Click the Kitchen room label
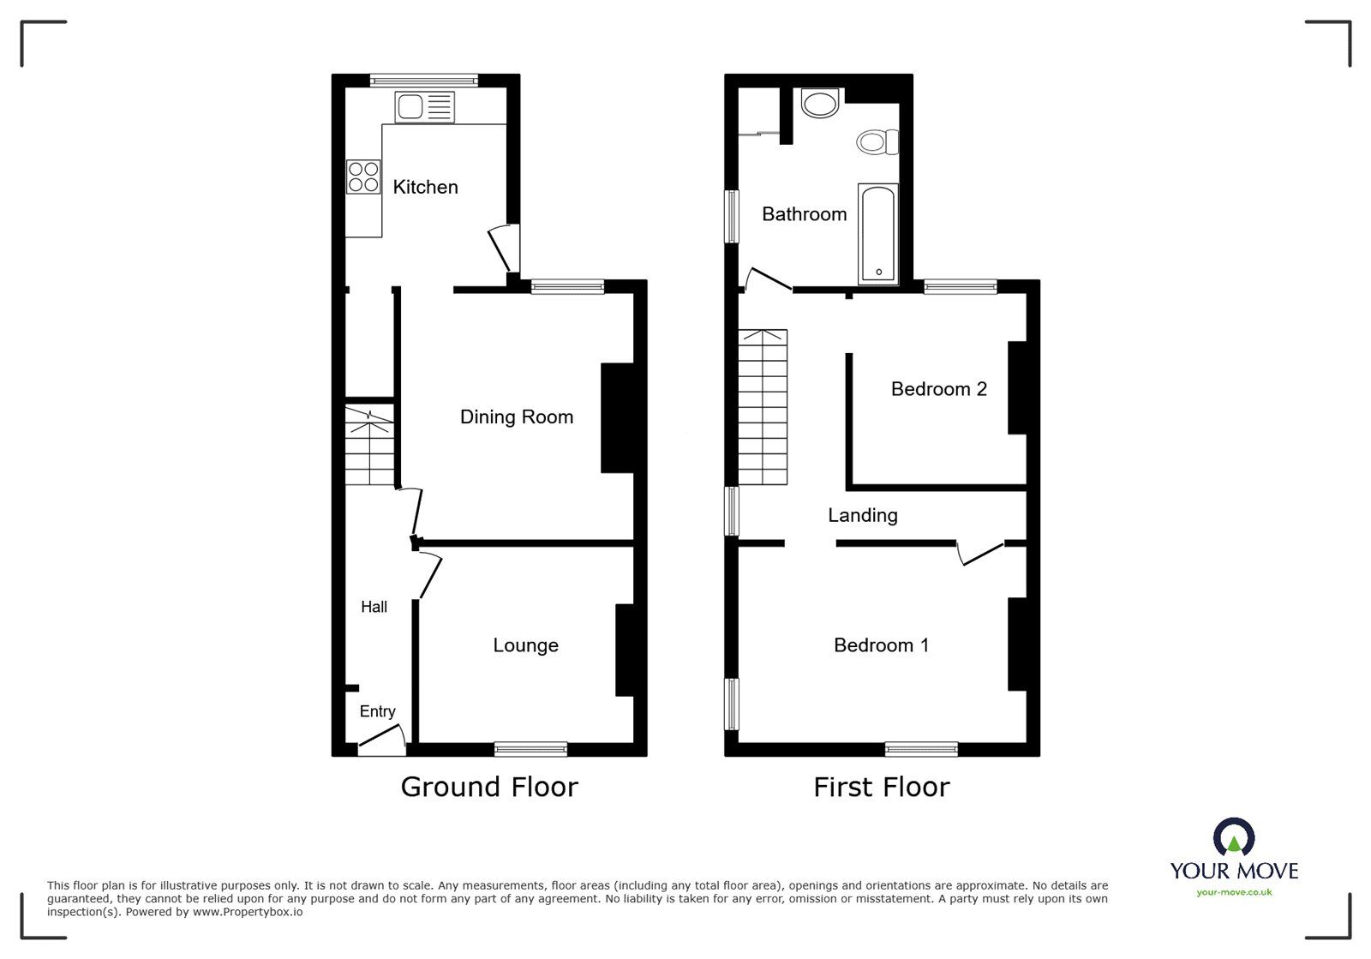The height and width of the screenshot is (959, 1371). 425,187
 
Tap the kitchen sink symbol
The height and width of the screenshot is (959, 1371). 425,108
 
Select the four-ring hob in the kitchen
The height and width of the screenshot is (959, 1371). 363,177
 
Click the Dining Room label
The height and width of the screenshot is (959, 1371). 516,417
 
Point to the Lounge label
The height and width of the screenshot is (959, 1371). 525,645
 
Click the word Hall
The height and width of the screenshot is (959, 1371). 374,607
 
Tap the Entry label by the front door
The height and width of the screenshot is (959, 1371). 377,711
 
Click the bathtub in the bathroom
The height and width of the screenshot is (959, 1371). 878,233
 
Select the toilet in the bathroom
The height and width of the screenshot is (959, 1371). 878,141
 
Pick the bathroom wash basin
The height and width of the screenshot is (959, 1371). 820,104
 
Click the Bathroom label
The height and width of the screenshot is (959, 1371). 804,214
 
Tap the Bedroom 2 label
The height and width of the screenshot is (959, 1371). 938,389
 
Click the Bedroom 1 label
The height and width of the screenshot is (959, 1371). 881,645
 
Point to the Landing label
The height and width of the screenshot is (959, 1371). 862,515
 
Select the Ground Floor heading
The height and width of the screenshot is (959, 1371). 489,787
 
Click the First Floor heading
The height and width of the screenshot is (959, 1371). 881,787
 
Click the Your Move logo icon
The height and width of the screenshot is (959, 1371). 1234,838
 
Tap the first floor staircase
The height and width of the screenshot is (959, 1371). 762,407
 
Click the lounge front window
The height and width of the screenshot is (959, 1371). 530,749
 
